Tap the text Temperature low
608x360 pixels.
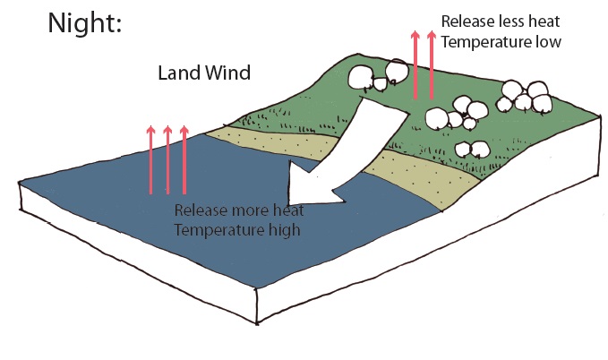pos(502,41)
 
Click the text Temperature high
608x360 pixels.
pos(236,230)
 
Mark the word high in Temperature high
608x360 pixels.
pos(281,230)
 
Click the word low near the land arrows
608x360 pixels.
pos(548,41)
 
